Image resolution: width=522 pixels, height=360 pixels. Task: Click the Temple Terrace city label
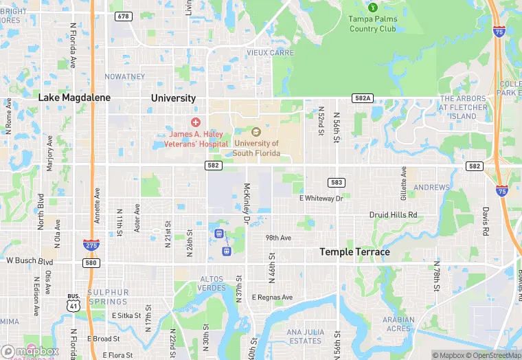coord(354,252)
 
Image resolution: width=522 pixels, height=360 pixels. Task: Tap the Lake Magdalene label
coord(74,98)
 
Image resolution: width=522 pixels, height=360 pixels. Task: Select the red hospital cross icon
coord(196,122)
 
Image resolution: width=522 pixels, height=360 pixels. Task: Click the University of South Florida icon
coord(257,131)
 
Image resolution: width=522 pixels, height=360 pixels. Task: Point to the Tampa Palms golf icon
coord(373,8)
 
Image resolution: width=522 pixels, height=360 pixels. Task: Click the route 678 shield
coord(124,16)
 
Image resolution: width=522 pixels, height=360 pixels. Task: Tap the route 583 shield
coord(337,182)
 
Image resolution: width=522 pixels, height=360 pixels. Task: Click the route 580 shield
coord(91,262)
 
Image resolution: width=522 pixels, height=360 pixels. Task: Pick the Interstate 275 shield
coord(90,245)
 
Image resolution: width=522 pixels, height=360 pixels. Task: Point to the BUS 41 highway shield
coord(73,301)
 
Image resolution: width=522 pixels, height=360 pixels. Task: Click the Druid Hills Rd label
coord(393,215)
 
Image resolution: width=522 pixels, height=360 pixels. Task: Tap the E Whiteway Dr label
coord(321,198)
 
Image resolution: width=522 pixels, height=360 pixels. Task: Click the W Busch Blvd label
coord(30,261)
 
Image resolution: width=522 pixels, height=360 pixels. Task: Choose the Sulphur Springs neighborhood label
coord(108,297)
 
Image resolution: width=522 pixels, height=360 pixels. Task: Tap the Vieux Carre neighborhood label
coord(270,53)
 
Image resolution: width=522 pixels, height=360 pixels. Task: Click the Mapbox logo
coord(30,351)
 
